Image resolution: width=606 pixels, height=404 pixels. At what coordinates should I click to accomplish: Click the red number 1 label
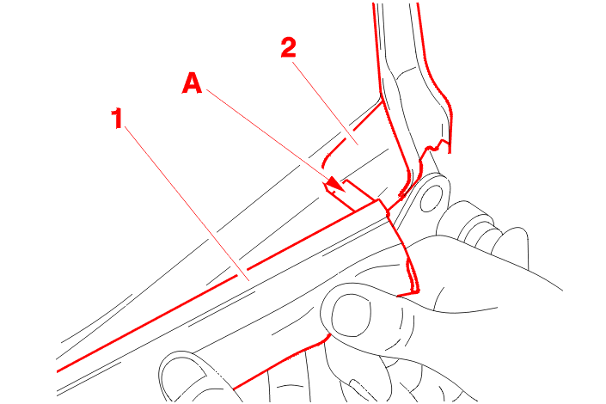pos(117,119)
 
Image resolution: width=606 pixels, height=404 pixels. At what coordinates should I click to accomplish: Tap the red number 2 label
pos(289,47)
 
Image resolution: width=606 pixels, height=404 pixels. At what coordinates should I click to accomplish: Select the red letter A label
pos(192,83)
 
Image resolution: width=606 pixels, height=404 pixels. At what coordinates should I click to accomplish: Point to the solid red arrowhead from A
pos(336,184)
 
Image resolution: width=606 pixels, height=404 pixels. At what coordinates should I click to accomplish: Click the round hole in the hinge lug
pos(432,199)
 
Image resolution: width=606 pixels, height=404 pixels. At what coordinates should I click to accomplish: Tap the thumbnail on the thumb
pos(351,315)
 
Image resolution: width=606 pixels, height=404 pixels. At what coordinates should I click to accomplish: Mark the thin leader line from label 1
pos(187,204)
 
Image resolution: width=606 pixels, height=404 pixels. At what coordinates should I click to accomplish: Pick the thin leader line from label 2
pos(326,103)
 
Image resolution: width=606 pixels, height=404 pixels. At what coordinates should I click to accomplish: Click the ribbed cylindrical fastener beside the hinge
pos(476,229)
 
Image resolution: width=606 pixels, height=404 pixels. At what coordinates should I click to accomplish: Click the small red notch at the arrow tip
pos(329,188)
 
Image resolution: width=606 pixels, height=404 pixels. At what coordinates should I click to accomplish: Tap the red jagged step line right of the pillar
pos(436,146)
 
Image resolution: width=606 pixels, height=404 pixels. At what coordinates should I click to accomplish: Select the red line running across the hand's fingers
pos(282,361)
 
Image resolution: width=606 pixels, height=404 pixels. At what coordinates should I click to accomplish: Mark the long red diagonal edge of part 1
pos(217,286)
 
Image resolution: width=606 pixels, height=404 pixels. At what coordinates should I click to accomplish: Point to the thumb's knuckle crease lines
pos(405,325)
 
